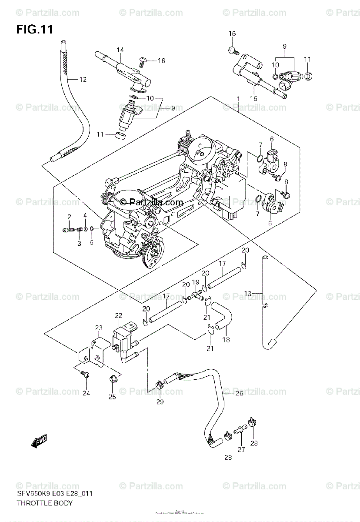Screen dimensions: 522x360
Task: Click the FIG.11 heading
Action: click(34, 30)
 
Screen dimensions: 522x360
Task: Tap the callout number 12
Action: click(83, 79)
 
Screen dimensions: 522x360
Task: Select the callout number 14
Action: click(120, 50)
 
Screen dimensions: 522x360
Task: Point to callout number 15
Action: click(253, 99)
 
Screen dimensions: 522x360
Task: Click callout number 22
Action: click(119, 315)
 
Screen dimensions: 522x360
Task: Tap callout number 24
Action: click(86, 393)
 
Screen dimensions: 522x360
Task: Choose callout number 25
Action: click(112, 397)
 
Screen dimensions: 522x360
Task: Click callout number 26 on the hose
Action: click(239, 394)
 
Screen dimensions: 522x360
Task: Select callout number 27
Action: click(241, 450)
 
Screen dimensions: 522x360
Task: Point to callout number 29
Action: click(160, 402)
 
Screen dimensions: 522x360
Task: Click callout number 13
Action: click(248, 294)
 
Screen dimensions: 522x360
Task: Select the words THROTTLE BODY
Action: click(44, 503)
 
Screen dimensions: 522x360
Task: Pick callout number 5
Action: click(92, 243)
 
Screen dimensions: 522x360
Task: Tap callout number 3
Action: click(79, 244)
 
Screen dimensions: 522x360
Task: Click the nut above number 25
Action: click(112, 378)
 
